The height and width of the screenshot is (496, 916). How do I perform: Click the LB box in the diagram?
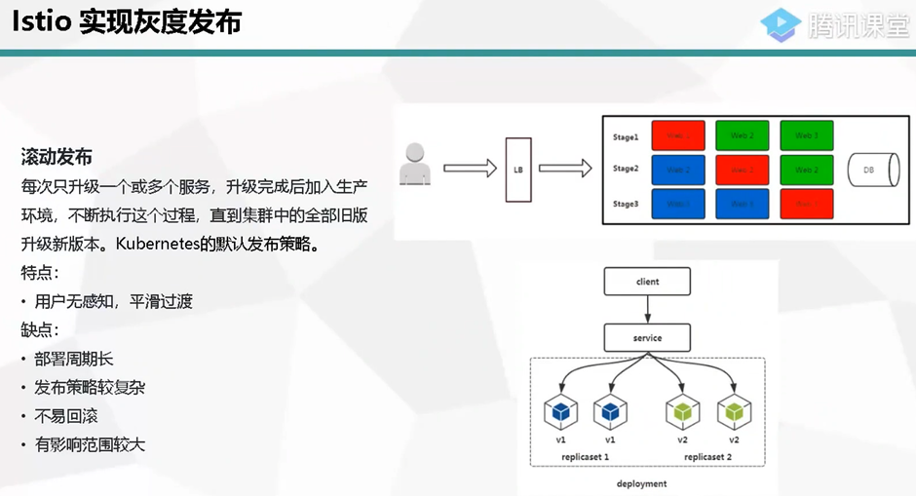pyautogui.click(x=517, y=170)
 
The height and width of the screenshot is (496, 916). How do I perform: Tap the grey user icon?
pyautogui.click(x=415, y=165)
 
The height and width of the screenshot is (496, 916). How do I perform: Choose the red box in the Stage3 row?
pyautogui.click(x=806, y=204)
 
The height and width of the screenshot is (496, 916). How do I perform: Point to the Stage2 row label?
pyautogui.click(x=626, y=169)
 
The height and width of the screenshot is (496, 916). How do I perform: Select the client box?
pyautogui.click(x=647, y=282)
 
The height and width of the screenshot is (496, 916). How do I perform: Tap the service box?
pyautogui.click(x=647, y=338)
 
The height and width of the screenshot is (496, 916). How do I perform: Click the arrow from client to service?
pyautogui.click(x=647, y=310)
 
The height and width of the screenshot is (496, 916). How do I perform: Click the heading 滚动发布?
pyautogui.click(x=57, y=157)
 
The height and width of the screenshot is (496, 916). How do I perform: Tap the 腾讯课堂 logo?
pyautogui.click(x=836, y=24)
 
